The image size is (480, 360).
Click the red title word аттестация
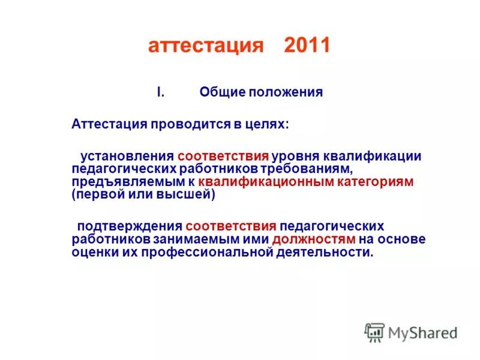tap(205, 46)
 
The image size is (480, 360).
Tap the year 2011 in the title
tap(307, 46)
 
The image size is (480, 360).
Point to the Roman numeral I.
tap(160, 92)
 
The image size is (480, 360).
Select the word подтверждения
tap(130, 226)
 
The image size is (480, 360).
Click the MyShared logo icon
tap(374, 332)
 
